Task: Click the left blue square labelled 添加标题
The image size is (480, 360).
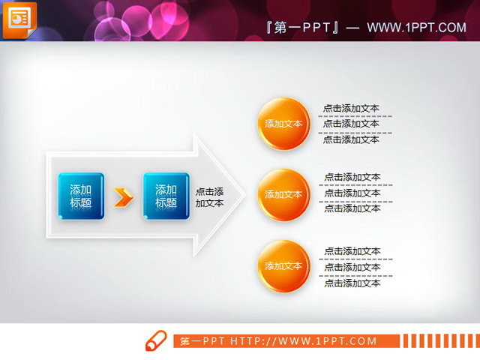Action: point(81,196)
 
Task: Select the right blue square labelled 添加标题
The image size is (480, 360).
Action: point(166,196)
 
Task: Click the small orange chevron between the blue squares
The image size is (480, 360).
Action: point(123,197)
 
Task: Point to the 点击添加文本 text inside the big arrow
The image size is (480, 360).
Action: point(210,197)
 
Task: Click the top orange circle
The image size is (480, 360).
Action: point(283,124)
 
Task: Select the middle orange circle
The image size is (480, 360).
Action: point(283,194)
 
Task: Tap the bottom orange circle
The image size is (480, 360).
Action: point(283,265)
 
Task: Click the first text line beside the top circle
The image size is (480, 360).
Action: point(351,108)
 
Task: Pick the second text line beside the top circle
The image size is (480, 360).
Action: point(351,124)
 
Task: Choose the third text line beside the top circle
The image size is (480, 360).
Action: point(351,139)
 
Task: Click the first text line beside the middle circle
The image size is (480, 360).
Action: point(352,178)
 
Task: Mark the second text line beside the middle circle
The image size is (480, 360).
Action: point(352,193)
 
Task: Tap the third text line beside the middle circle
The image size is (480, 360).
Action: point(352,208)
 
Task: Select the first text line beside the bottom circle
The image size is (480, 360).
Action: point(352,252)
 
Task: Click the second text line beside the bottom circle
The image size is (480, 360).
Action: point(352,267)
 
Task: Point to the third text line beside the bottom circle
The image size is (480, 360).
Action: point(352,283)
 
